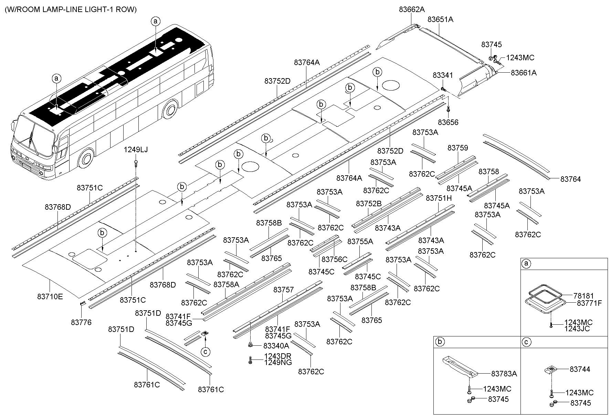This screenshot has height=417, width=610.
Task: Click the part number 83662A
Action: [412, 10]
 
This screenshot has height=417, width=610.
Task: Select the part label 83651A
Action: [440, 20]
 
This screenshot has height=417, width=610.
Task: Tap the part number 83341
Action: [443, 75]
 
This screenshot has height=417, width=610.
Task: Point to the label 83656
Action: [448, 122]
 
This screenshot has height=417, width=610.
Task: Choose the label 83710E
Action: [50, 296]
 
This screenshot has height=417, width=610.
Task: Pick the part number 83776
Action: [81, 322]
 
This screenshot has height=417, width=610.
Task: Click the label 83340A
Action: [276, 345]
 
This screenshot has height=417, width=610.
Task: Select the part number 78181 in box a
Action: [584, 295]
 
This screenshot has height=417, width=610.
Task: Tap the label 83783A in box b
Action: [504, 374]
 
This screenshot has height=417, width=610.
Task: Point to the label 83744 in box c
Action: [580, 369]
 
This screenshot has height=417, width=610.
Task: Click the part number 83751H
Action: [439, 198]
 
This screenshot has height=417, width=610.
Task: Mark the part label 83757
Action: [284, 290]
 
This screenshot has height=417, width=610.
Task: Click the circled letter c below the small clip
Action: [205, 352]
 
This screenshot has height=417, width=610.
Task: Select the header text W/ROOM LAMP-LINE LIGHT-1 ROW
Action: [71, 10]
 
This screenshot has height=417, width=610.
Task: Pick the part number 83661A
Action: [523, 73]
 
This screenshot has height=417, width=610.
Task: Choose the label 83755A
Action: [360, 241]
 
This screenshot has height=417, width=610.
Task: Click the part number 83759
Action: [457, 148]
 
